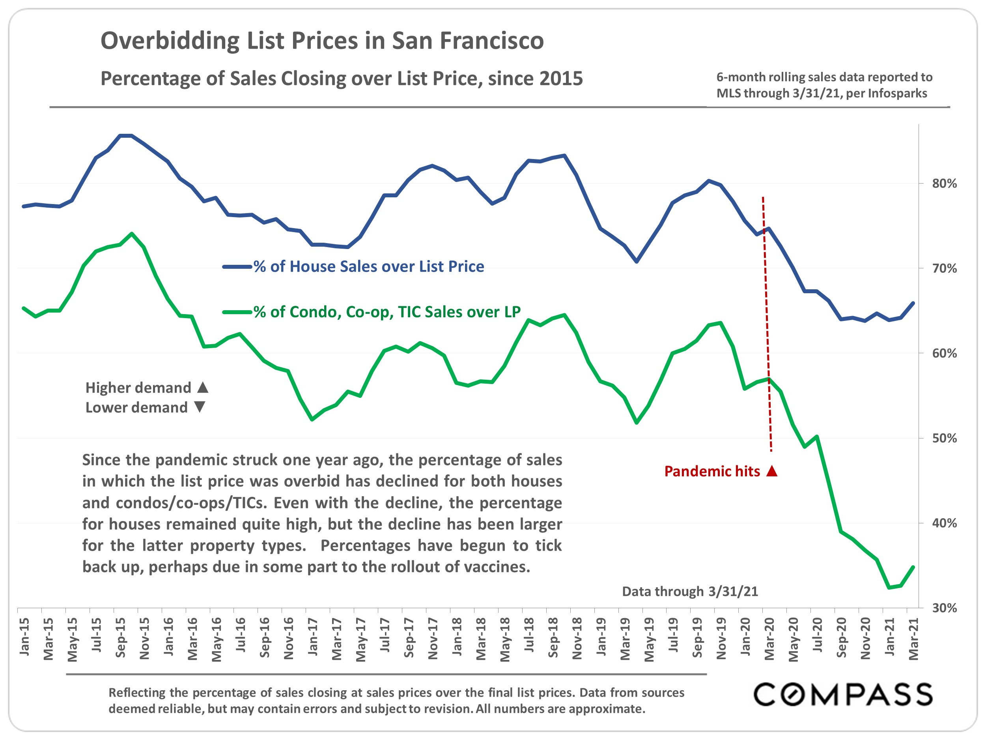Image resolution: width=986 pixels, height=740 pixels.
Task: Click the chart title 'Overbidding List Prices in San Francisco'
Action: coord(322,41)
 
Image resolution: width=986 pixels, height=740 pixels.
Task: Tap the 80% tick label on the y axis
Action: coord(944,184)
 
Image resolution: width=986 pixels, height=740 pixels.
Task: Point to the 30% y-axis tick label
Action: coord(944,608)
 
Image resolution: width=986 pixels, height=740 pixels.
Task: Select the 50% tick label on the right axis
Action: coord(944,438)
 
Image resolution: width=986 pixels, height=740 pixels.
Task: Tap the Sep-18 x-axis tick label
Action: coord(553,637)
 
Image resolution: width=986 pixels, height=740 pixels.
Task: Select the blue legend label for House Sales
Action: coord(368,266)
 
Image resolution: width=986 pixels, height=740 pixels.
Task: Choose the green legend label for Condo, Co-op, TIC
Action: coord(387,312)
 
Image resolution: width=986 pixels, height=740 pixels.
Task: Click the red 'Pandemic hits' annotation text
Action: coord(712,471)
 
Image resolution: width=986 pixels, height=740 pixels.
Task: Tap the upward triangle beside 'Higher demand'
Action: coord(203,387)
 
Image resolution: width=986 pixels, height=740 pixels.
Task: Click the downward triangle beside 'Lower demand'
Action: coord(200,407)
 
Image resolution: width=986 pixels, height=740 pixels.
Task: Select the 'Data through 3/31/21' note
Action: coord(689,592)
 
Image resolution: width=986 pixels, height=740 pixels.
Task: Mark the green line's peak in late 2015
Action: coord(131,233)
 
